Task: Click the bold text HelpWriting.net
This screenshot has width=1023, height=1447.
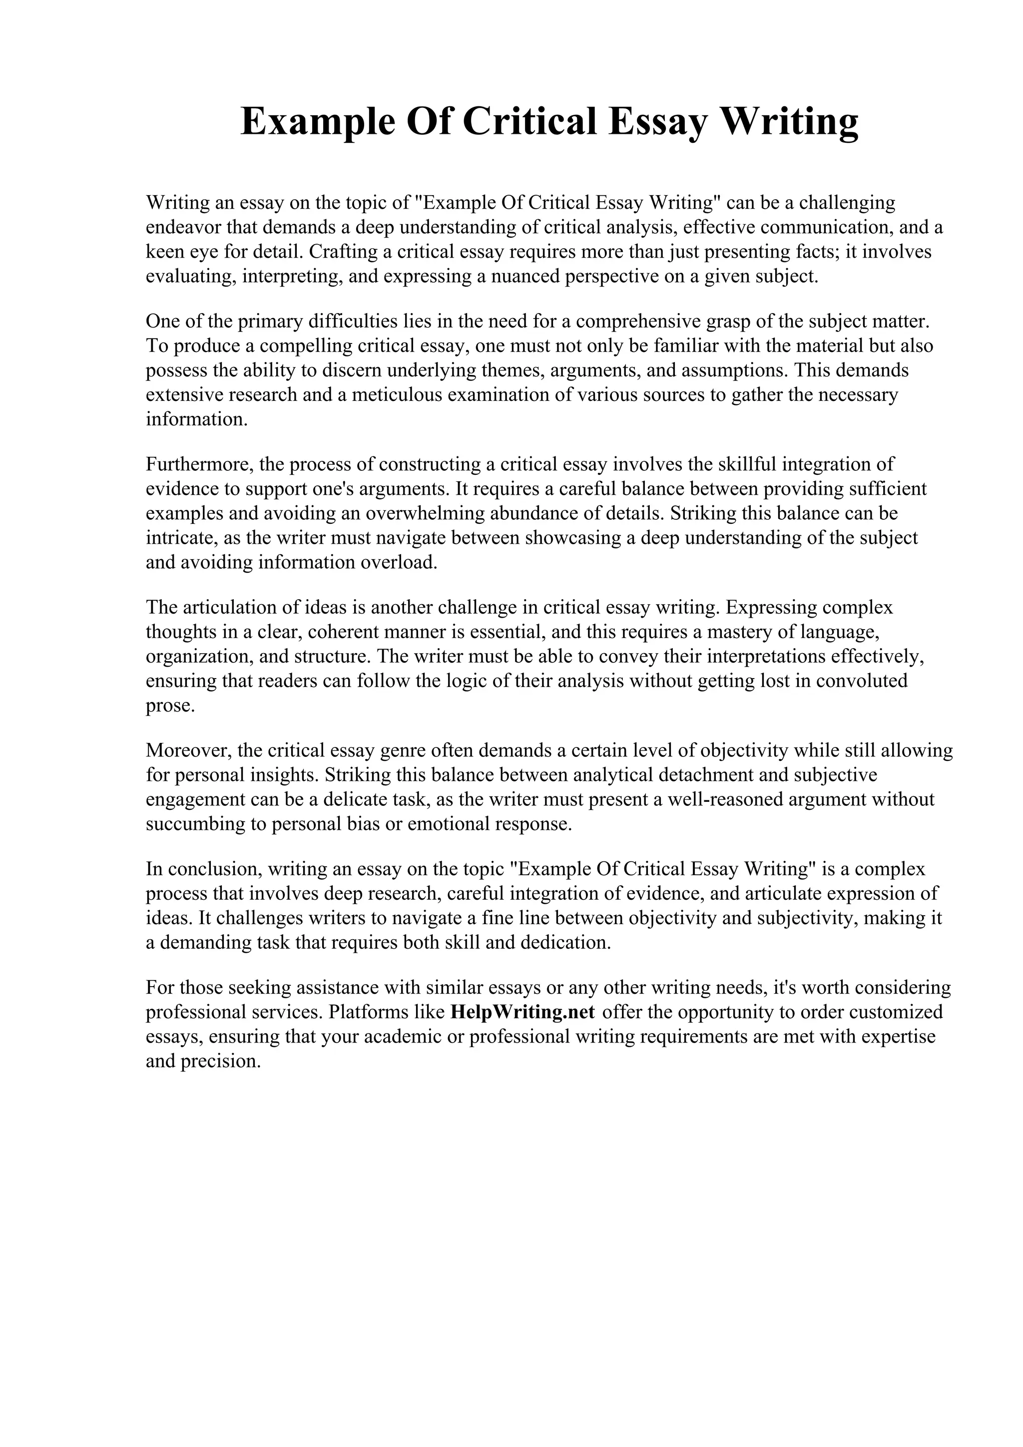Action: (x=523, y=1012)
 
